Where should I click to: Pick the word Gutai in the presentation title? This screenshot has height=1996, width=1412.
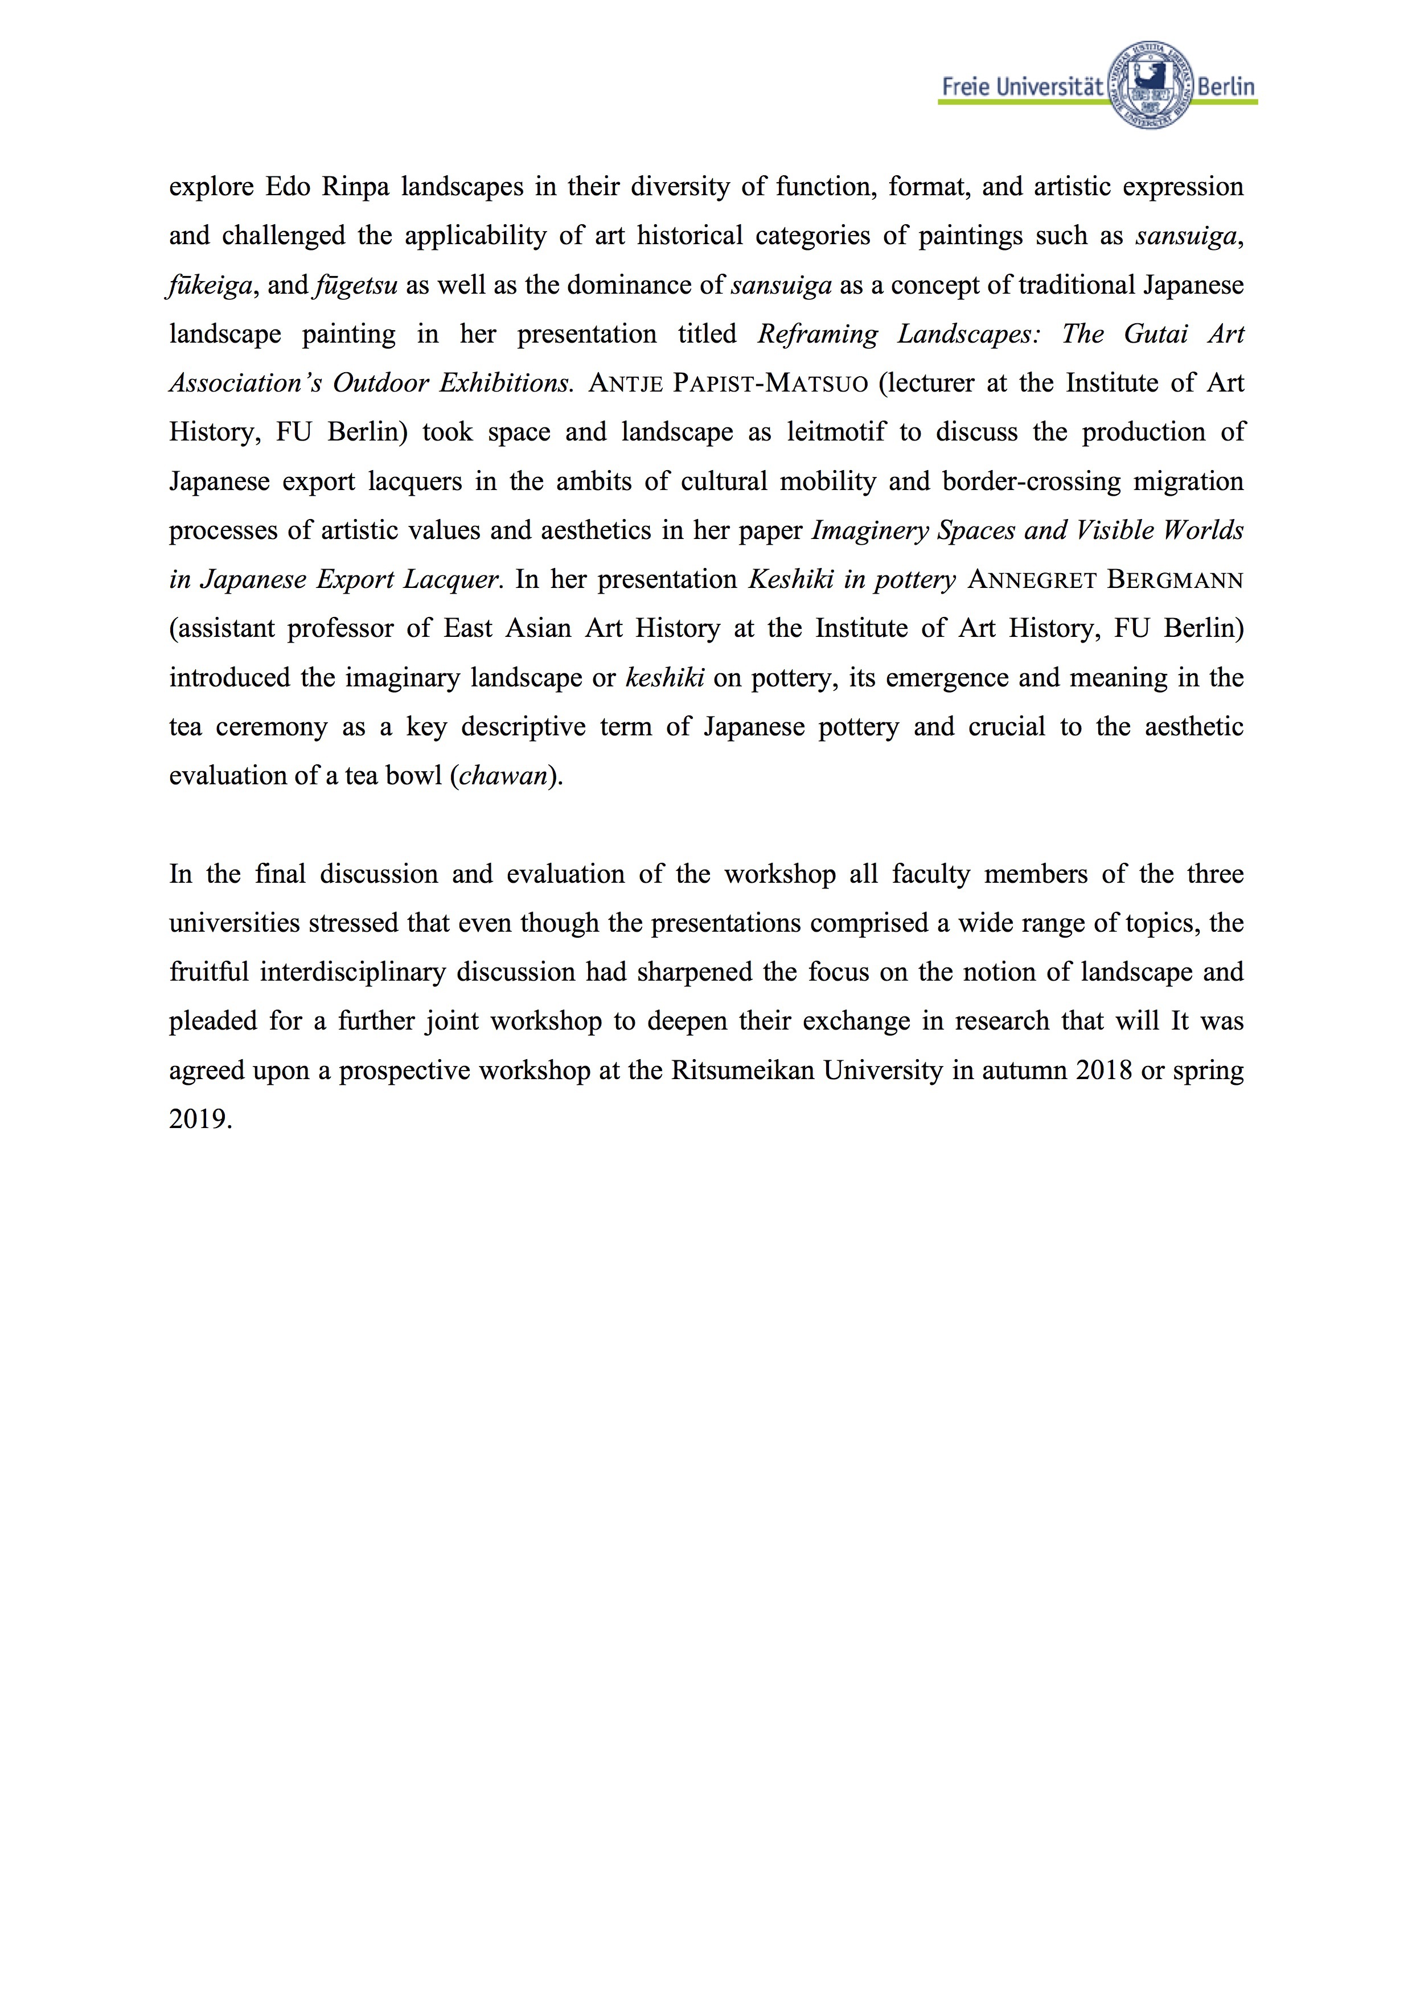coord(1156,334)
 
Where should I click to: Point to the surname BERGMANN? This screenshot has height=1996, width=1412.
coord(1174,580)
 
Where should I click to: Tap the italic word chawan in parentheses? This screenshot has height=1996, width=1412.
coord(503,775)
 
